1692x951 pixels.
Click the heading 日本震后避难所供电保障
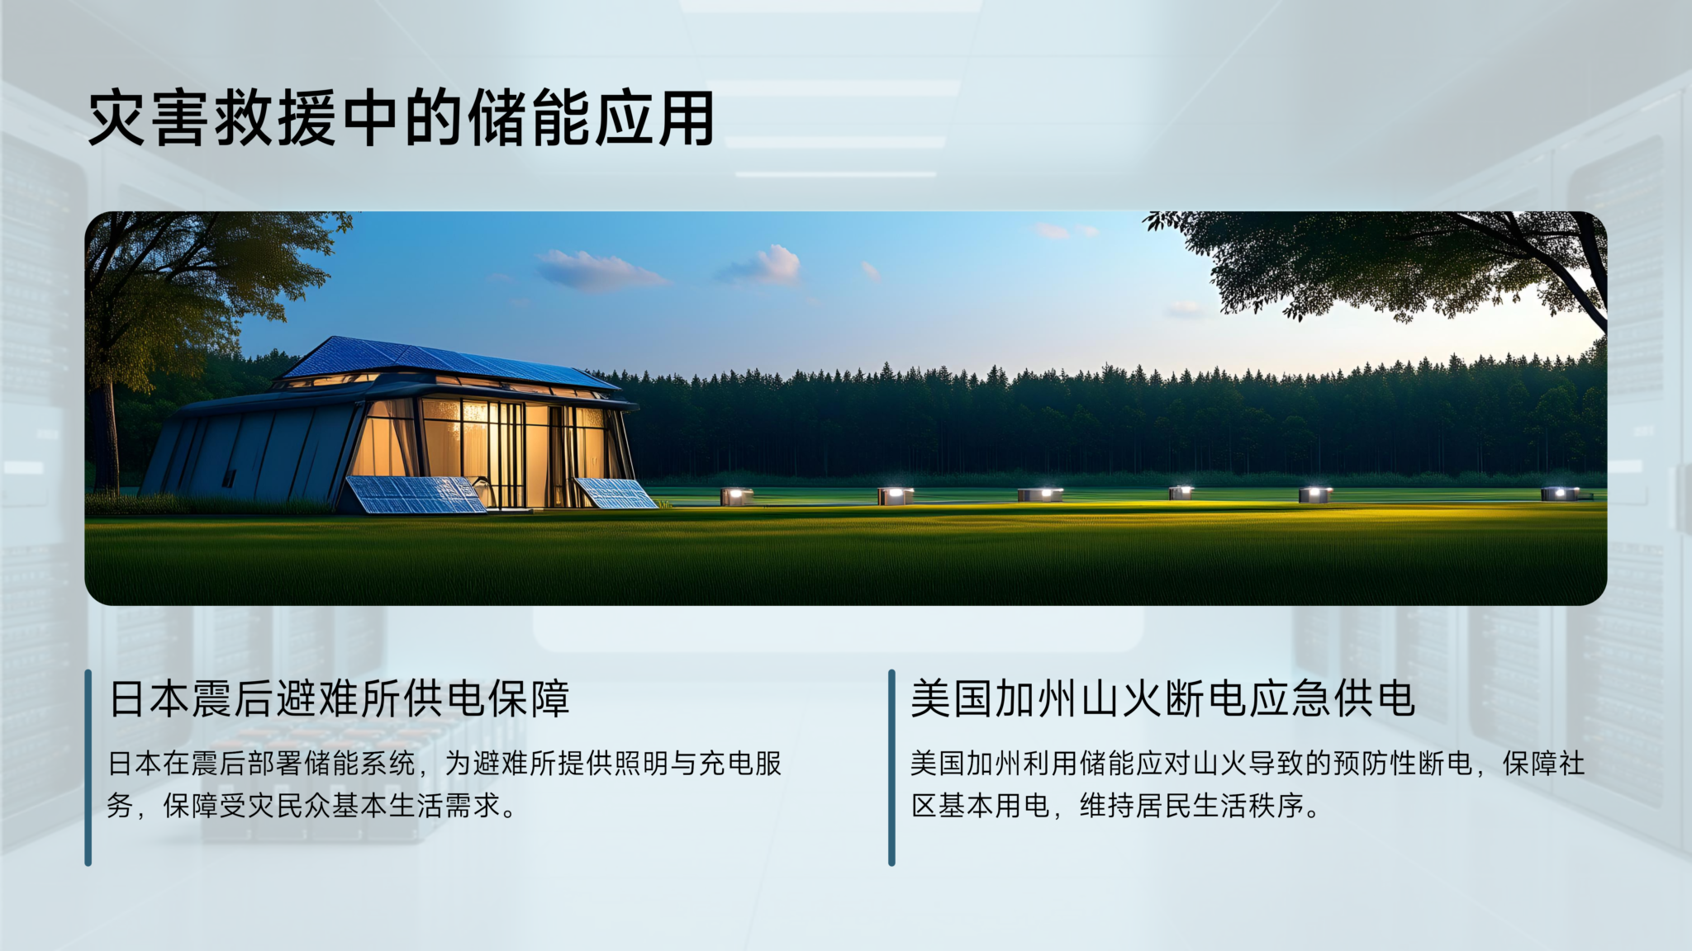[x=340, y=699]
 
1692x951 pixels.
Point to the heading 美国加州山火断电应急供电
[x=1163, y=699]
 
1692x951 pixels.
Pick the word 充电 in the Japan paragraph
[x=726, y=764]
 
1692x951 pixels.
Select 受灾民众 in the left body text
[x=275, y=806]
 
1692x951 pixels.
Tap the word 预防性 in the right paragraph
[x=1375, y=764]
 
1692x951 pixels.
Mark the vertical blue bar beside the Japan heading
[x=88, y=768]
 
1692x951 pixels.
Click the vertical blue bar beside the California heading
[x=891, y=768]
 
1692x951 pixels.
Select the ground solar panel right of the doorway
[x=615, y=493]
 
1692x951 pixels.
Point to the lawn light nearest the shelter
[x=736, y=496]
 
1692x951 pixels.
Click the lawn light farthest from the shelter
[x=1561, y=494]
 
